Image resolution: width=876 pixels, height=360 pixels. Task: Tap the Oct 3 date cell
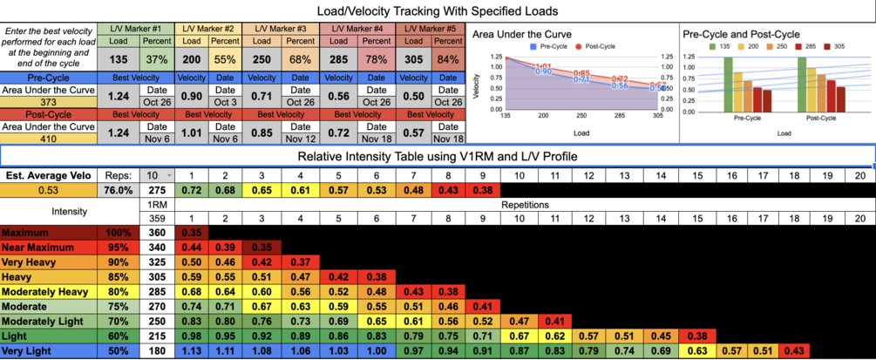click(225, 101)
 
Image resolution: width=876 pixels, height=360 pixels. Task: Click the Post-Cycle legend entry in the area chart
click(594, 45)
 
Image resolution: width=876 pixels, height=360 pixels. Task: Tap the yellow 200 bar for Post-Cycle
click(822, 92)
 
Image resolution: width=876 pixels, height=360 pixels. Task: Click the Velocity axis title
click(475, 86)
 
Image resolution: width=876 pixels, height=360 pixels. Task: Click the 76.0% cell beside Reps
click(119, 190)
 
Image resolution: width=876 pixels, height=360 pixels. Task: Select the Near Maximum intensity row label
click(36, 247)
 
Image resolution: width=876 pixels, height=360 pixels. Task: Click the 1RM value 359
click(156, 219)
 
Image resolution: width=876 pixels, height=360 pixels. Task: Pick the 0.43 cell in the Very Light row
click(793, 351)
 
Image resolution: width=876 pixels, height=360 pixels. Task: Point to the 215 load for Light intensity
click(156, 336)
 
